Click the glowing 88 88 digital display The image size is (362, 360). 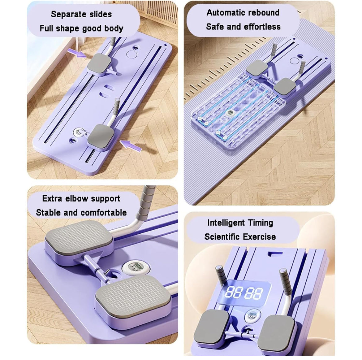click(x=244, y=293)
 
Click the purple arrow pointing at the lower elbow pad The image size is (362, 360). click(x=131, y=146)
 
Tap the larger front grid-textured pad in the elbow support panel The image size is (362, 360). click(x=133, y=296)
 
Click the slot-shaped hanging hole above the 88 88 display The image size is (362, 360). click(x=275, y=254)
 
